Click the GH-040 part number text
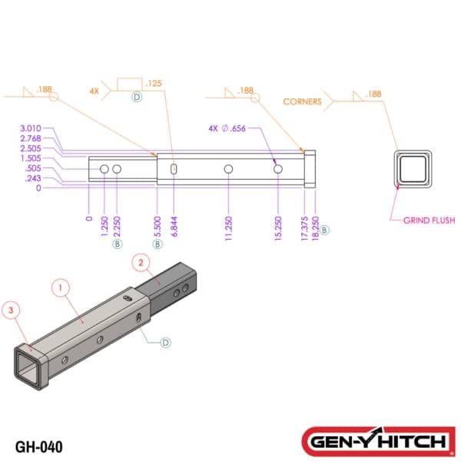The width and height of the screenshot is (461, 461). [38, 446]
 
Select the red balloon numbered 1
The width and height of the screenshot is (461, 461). [62, 288]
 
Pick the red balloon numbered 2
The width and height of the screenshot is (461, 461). [140, 263]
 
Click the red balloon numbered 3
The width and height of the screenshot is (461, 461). [10, 310]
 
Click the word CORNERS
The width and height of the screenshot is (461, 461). [302, 101]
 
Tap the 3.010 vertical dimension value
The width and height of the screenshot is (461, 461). [31, 128]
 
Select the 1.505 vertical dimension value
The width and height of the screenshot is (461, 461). [31, 158]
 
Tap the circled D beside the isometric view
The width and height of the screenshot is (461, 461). [165, 342]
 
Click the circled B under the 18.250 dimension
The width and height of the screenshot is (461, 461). [325, 230]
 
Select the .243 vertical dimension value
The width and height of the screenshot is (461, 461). [33, 178]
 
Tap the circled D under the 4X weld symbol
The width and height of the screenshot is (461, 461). [137, 98]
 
